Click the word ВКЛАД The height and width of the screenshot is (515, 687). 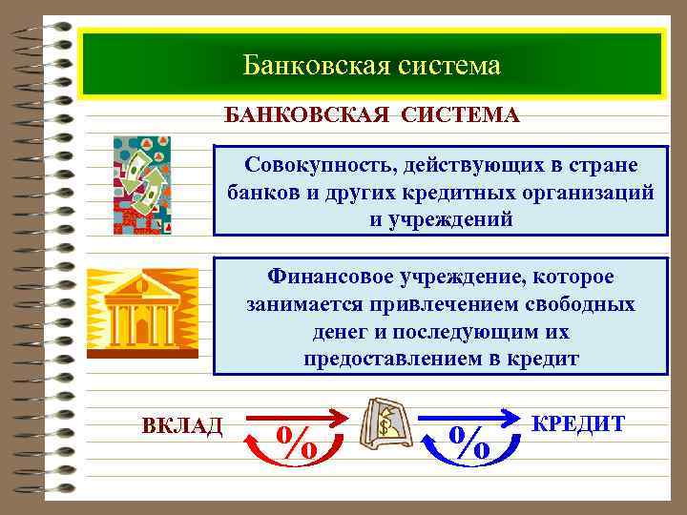click(x=181, y=425)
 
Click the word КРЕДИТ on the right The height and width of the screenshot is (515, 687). click(x=578, y=422)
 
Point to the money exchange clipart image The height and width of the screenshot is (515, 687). click(x=142, y=185)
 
